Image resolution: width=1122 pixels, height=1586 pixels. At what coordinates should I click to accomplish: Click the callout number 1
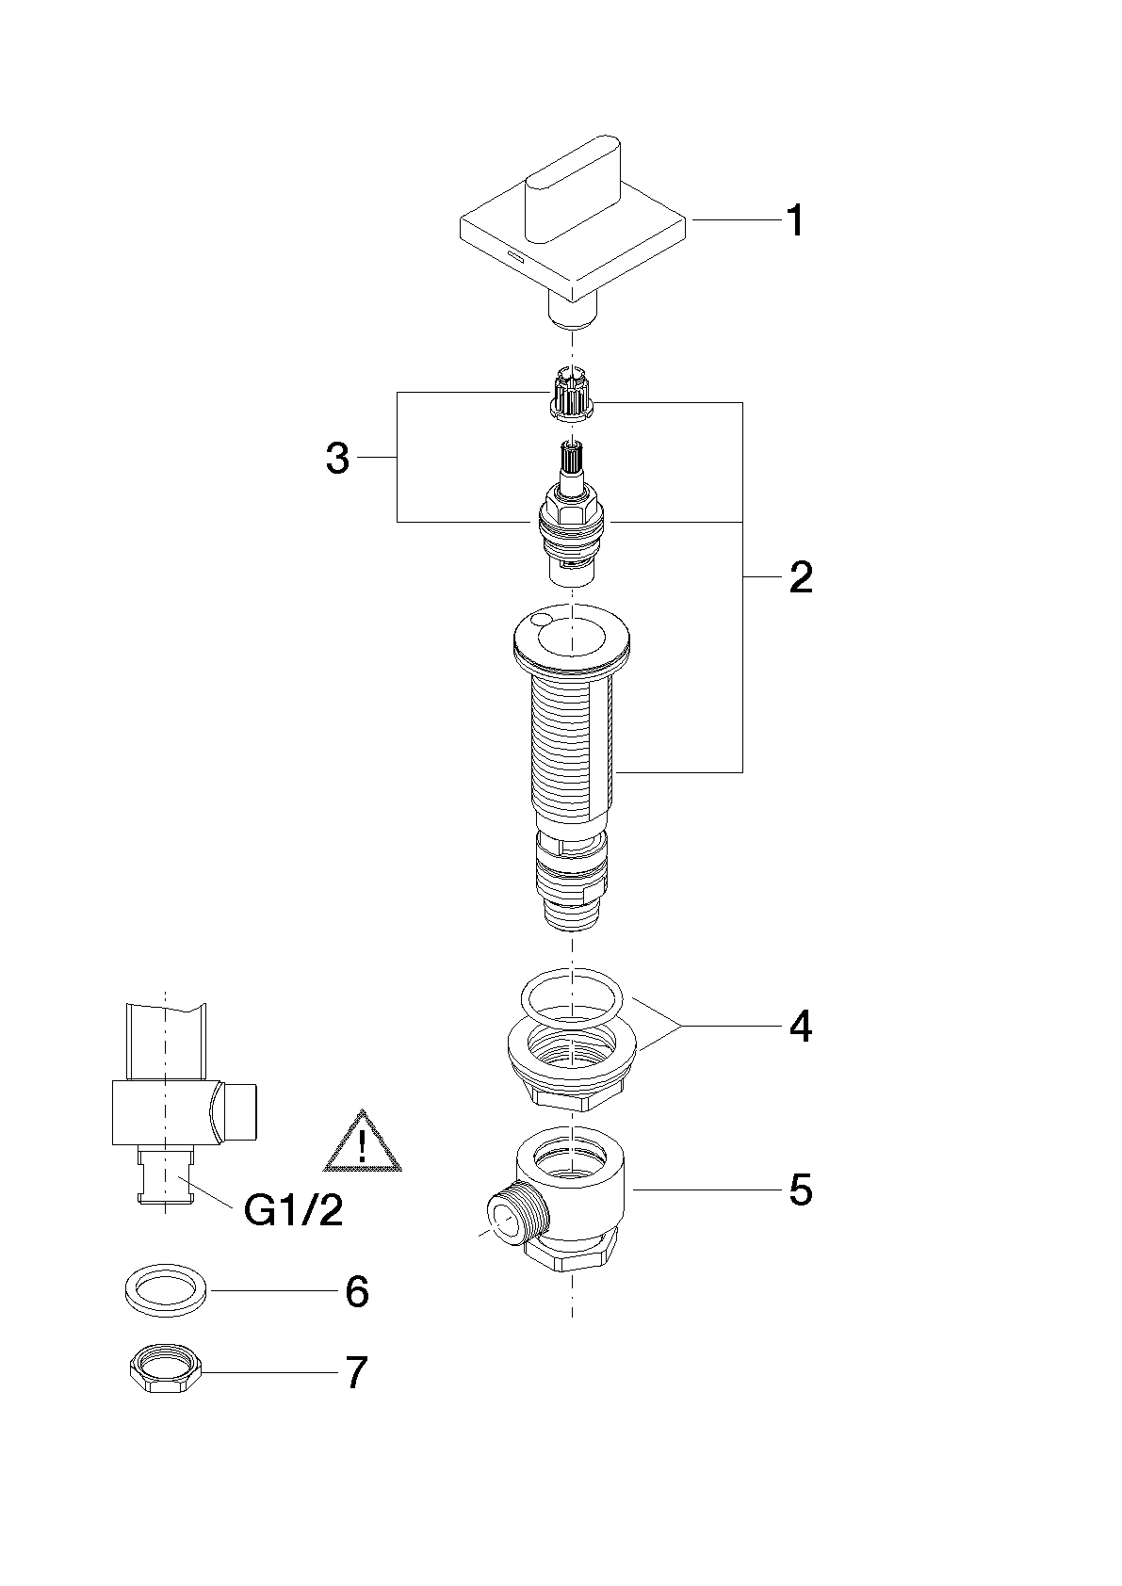pyautogui.click(x=796, y=220)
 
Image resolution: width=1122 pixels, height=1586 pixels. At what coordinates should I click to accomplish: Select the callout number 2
pyautogui.click(x=801, y=577)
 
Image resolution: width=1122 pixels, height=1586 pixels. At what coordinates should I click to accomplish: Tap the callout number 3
pyautogui.click(x=338, y=458)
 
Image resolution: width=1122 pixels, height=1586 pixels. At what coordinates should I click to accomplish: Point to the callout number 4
pyautogui.click(x=801, y=1026)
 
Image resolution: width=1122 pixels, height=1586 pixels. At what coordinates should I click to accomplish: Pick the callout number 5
pyautogui.click(x=801, y=1190)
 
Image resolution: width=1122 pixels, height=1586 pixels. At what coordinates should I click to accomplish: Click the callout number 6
pyautogui.click(x=357, y=1291)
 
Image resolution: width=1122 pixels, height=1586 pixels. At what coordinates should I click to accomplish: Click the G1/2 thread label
pyautogui.click(x=293, y=1210)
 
